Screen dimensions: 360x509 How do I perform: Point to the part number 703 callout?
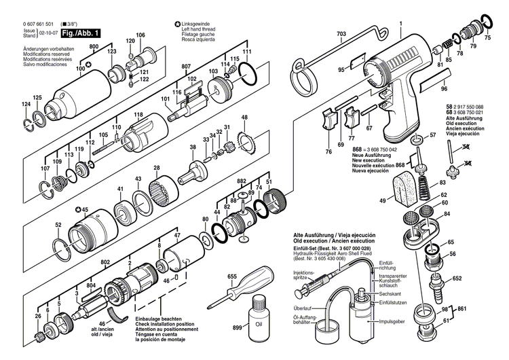click(341, 33)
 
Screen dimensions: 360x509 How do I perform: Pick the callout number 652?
click(457, 278)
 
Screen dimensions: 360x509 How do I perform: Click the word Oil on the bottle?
click(259, 323)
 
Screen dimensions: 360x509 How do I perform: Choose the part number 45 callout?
click(83, 209)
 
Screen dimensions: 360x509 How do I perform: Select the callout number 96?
click(444, 88)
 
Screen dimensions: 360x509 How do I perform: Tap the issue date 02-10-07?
click(48, 31)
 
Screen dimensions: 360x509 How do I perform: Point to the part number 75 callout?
click(487, 39)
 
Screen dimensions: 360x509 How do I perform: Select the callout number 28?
click(156, 168)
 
